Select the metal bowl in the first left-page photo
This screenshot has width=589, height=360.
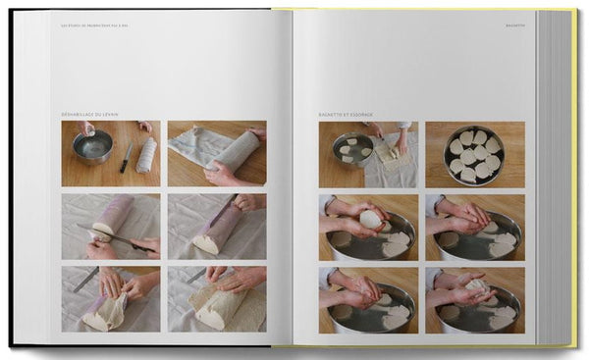pos(93,147)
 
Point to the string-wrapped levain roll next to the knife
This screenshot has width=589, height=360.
pos(146,154)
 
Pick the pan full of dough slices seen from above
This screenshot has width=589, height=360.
pos(473,155)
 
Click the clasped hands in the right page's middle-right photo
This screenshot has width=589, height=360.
pos(469,213)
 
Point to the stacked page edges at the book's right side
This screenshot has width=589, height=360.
pos(557,177)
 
